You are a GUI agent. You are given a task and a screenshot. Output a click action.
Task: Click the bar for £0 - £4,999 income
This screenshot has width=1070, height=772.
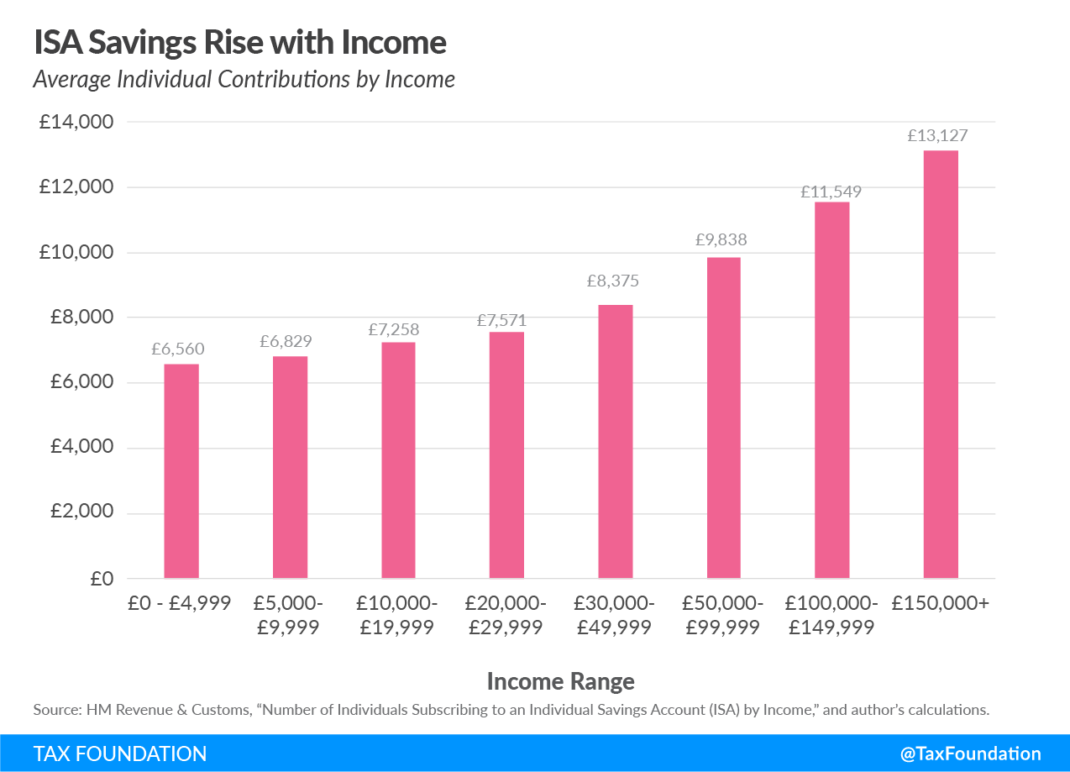[x=181, y=471]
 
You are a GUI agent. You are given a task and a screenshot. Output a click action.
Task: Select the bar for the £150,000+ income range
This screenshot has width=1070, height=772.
[x=941, y=365]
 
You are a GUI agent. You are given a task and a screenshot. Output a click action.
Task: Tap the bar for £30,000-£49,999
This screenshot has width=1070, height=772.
[x=616, y=442]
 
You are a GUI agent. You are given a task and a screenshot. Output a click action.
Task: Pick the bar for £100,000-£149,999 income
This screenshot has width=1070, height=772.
[x=832, y=391]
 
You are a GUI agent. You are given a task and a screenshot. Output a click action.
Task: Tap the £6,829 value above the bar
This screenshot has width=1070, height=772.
[x=290, y=341]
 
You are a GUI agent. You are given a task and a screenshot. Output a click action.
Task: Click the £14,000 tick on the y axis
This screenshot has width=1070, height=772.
[x=76, y=122]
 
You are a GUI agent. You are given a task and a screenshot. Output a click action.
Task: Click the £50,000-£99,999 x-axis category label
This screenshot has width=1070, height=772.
[x=723, y=615]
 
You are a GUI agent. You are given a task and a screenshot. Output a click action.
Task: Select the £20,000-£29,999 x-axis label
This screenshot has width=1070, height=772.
[x=506, y=615]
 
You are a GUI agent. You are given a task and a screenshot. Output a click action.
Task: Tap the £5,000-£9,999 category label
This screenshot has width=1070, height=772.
[x=290, y=615]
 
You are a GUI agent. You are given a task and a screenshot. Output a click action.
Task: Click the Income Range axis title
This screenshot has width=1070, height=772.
[x=560, y=680]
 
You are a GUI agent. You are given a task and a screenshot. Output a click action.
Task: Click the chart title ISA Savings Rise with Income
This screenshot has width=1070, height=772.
[x=240, y=42]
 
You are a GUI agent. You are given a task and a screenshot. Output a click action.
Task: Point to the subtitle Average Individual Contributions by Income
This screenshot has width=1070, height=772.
[x=244, y=79]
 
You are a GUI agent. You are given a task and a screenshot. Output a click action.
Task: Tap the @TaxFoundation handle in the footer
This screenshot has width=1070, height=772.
[x=970, y=754]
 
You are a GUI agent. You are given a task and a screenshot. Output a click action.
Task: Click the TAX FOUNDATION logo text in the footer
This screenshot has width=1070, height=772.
[x=120, y=754]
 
